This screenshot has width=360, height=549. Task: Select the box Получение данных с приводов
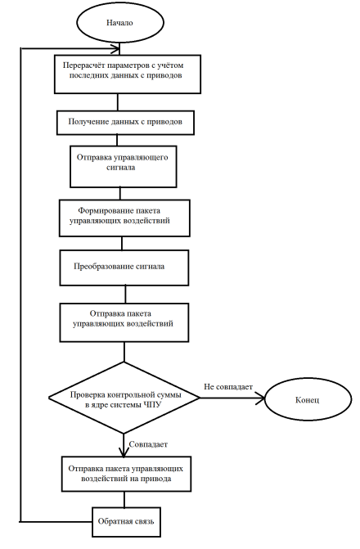click(125, 123)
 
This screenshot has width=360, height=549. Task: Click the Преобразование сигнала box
click(124, 268)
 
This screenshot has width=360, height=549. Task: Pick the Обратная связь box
click(127, 522)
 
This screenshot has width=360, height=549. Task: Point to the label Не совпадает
click(228, 387)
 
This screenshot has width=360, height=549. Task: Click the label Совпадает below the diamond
click(148, 444)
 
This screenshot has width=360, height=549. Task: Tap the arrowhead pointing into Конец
click(261, 398)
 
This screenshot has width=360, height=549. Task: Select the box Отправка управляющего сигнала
click(124, 167)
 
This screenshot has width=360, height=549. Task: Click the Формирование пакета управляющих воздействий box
click(124, 218)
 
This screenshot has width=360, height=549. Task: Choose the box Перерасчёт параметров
click(128, 74)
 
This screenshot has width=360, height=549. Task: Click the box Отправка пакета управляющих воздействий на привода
click(127, 474)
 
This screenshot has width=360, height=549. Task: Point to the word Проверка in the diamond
click(88, 395)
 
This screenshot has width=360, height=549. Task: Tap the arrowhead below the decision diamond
click(124, 452)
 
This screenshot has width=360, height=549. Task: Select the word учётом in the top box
click(171, 65)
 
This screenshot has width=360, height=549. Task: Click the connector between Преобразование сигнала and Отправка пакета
click(125, 295)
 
